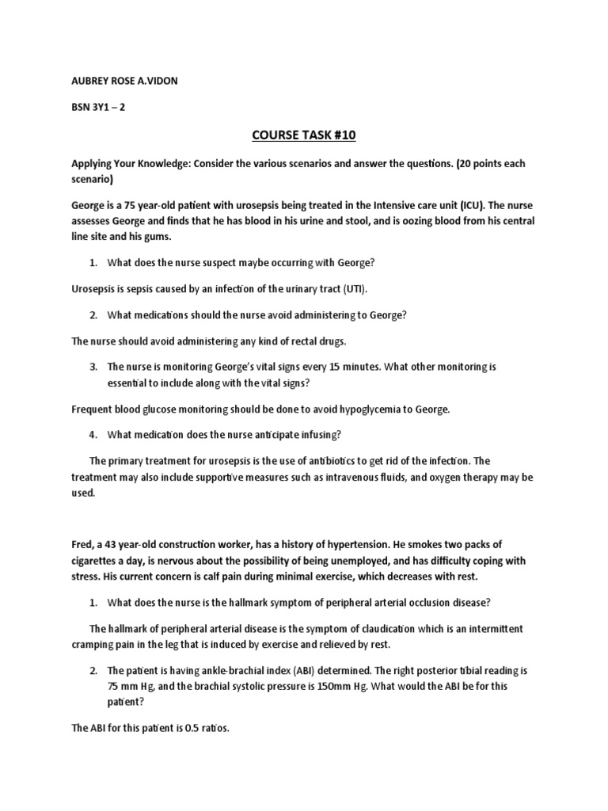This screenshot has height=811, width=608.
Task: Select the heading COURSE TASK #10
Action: point(304,135)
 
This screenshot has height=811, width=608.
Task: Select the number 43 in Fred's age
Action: point(116,545)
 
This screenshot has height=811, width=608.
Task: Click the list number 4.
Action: point(93,434)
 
